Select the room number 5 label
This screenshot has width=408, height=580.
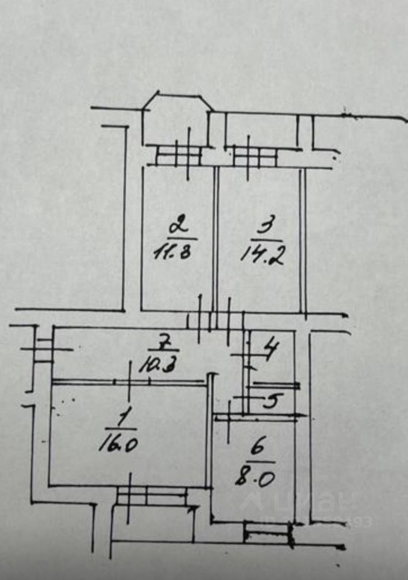pyautogui.click(x=271, y=402)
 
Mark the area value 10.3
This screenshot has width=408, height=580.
pyautogui.click(x=156, y=366)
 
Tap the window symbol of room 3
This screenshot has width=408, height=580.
pyautogui.click(x=254, y=157)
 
